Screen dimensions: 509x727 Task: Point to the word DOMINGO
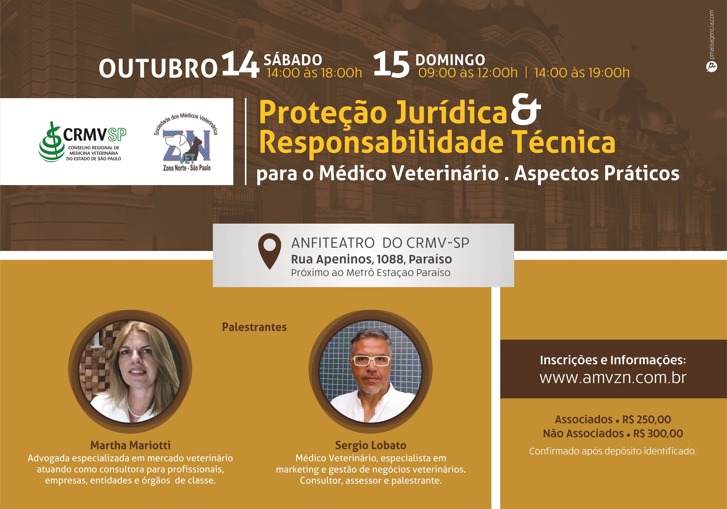[450, 60]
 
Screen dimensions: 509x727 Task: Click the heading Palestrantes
[254, 327]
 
